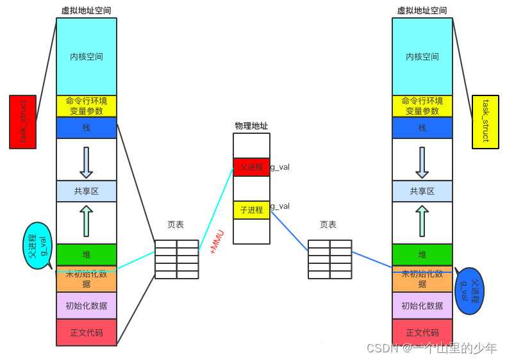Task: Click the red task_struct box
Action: pyautogui.click(x=22, y=122)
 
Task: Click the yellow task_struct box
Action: pyautogui.click(x=485, y=122)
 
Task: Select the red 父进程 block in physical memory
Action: pyautogui.click(x=251, y=167)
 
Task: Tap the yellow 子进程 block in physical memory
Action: pyautogui.click(x=251, y=209)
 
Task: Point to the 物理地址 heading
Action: pyautogui.click(x=251, y=126)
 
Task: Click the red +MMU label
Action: pyautogui.click(x=217, y=242)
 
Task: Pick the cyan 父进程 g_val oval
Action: pyautogui.click(x=37, y=245)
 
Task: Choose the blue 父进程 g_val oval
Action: pyautogui.click(x=469, y=291)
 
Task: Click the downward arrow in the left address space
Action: pyautogui.click(x=87, y=162)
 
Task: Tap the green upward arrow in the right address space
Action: pyautogui.click(x=422, y=220)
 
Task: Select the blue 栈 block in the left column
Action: pyautogui.click(x=87, y=127)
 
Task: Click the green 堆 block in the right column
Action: pyautogui.click(x=422, y=254)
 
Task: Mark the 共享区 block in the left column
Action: pyautogui.click(x=87, y=191)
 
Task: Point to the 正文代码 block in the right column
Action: pyautogui.click(x=422, y=332)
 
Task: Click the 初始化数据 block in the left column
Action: pyautogui.click(x=87, y=306)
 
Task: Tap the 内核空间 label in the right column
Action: pyautogui.click(x=422, y=56)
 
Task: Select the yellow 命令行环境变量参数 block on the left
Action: pyautogui.click(x=87, y=106)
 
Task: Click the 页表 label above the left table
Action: pyautogui.click(x=176, y=225)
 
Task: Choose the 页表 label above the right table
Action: pyautogui.click(x=328, y=225)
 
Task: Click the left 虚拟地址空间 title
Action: pyautogui.click(x=86, y=10)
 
